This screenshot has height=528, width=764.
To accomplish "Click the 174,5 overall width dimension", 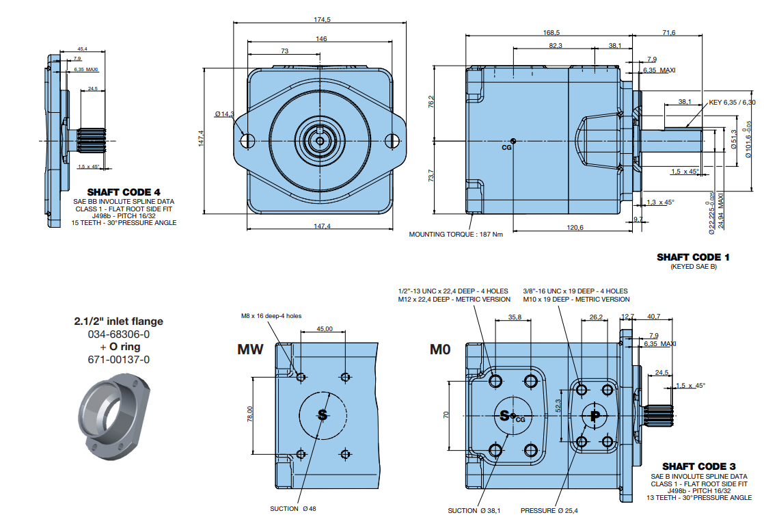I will click(x=322, y=20).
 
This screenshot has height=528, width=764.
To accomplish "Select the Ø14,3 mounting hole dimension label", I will click(x=223, y=114).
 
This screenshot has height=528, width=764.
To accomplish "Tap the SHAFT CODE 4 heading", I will click(x=124, y=192).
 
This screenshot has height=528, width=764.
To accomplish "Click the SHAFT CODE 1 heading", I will click(x=693, y=257).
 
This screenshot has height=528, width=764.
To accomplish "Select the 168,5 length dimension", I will click(x=551, y=32).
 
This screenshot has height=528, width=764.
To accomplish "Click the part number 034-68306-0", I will click(x=118, y=334).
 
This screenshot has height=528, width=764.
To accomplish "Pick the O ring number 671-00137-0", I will click(x=118, y=359).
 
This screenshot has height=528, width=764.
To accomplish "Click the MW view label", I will click(x=250, y=350).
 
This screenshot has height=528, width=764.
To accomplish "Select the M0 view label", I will click(x=440, y=350).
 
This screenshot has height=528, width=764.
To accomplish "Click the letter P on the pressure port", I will click(x=595, y=415).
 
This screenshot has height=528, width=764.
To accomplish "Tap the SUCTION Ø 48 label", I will click(x=293, y=508).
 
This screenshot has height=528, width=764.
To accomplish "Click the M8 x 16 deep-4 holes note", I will click(x=271, y=316).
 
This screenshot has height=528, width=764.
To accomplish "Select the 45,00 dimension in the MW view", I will click(x=325, y=329).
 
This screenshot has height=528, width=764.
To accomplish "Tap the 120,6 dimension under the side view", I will click(x=575, y=227).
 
